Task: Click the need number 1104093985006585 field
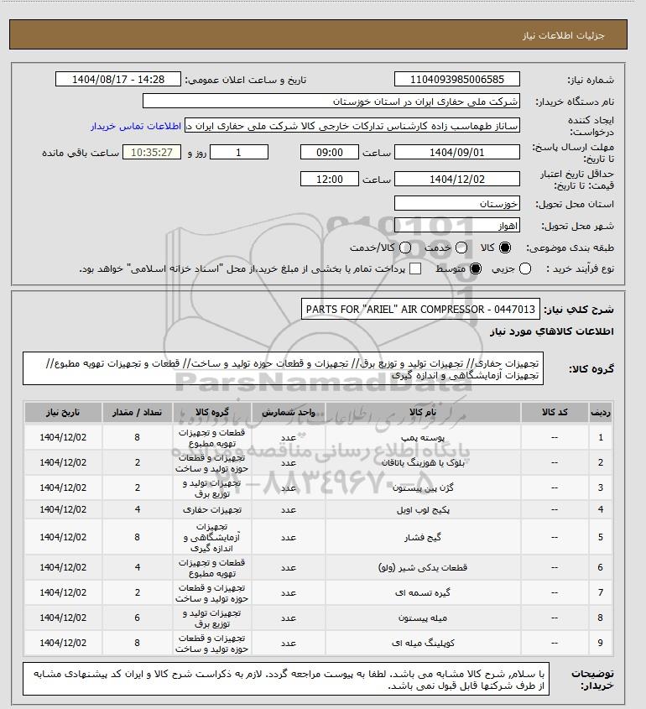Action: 456,80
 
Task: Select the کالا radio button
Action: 505,248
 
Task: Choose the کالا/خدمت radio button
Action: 407,248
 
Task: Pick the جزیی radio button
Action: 525,268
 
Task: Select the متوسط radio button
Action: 477,268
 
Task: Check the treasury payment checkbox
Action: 414,268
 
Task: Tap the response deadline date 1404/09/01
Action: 456,152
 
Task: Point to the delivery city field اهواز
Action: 456,226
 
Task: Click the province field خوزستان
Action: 456,204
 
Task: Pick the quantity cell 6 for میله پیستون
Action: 138,618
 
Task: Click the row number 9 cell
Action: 600,644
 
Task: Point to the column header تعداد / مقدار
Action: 138,413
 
